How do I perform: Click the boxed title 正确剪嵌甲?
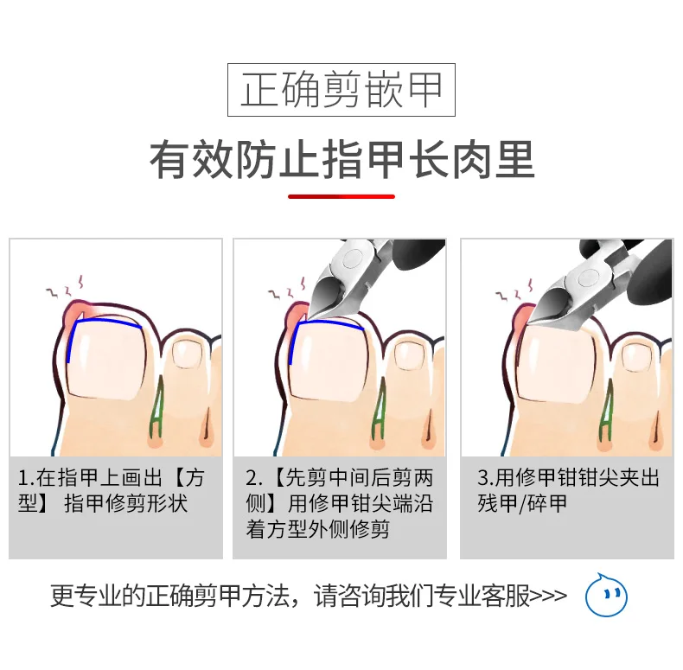(341, 90)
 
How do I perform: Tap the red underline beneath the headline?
(341, 197)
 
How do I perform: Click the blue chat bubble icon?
(606, 595)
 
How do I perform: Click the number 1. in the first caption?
(26, 479)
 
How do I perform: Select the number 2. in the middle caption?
(253, 479)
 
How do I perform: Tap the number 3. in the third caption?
(486, 479)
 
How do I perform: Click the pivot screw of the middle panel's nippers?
(352, 259)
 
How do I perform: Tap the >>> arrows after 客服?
(549, 596)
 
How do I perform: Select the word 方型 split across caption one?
(111, 491)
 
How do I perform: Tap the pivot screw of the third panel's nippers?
(588, 275)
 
